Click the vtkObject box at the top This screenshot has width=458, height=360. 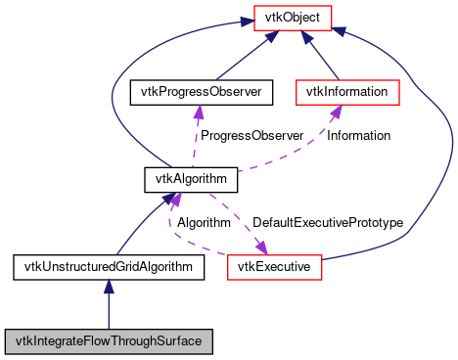point(293,17)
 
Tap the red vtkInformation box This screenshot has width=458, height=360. point(347,92)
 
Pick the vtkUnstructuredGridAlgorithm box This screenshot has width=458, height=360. point(109,266)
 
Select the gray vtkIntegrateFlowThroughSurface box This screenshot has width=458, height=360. point(109,341)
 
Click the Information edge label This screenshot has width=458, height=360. point(358,135)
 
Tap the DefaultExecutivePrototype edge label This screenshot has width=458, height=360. point(327,222)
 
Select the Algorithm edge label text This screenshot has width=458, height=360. point(203,222)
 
